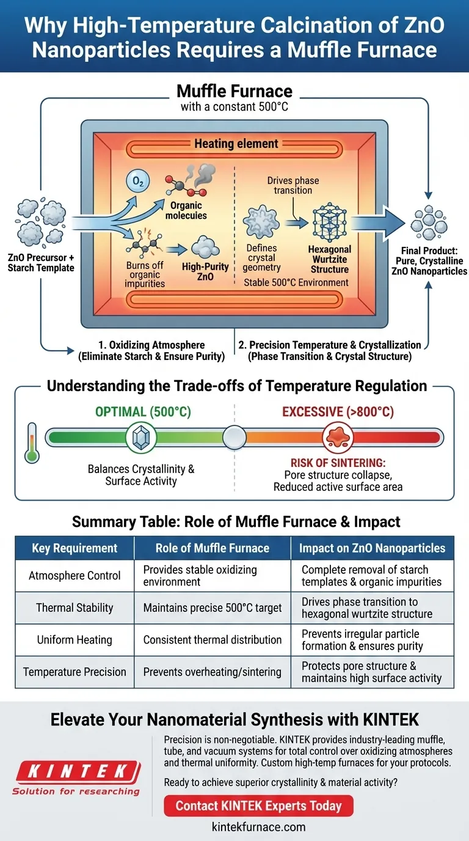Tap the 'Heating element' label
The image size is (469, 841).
236,144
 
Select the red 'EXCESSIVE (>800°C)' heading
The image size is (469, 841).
338,412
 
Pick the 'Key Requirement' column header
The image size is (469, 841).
75,548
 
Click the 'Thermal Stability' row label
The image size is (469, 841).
75,608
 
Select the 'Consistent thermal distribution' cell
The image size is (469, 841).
213,640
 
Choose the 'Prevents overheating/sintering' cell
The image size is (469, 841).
213,672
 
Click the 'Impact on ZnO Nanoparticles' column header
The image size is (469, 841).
372,548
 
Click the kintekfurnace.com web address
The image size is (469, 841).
259,827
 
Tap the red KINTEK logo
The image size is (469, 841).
76,770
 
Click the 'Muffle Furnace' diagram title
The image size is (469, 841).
234,92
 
